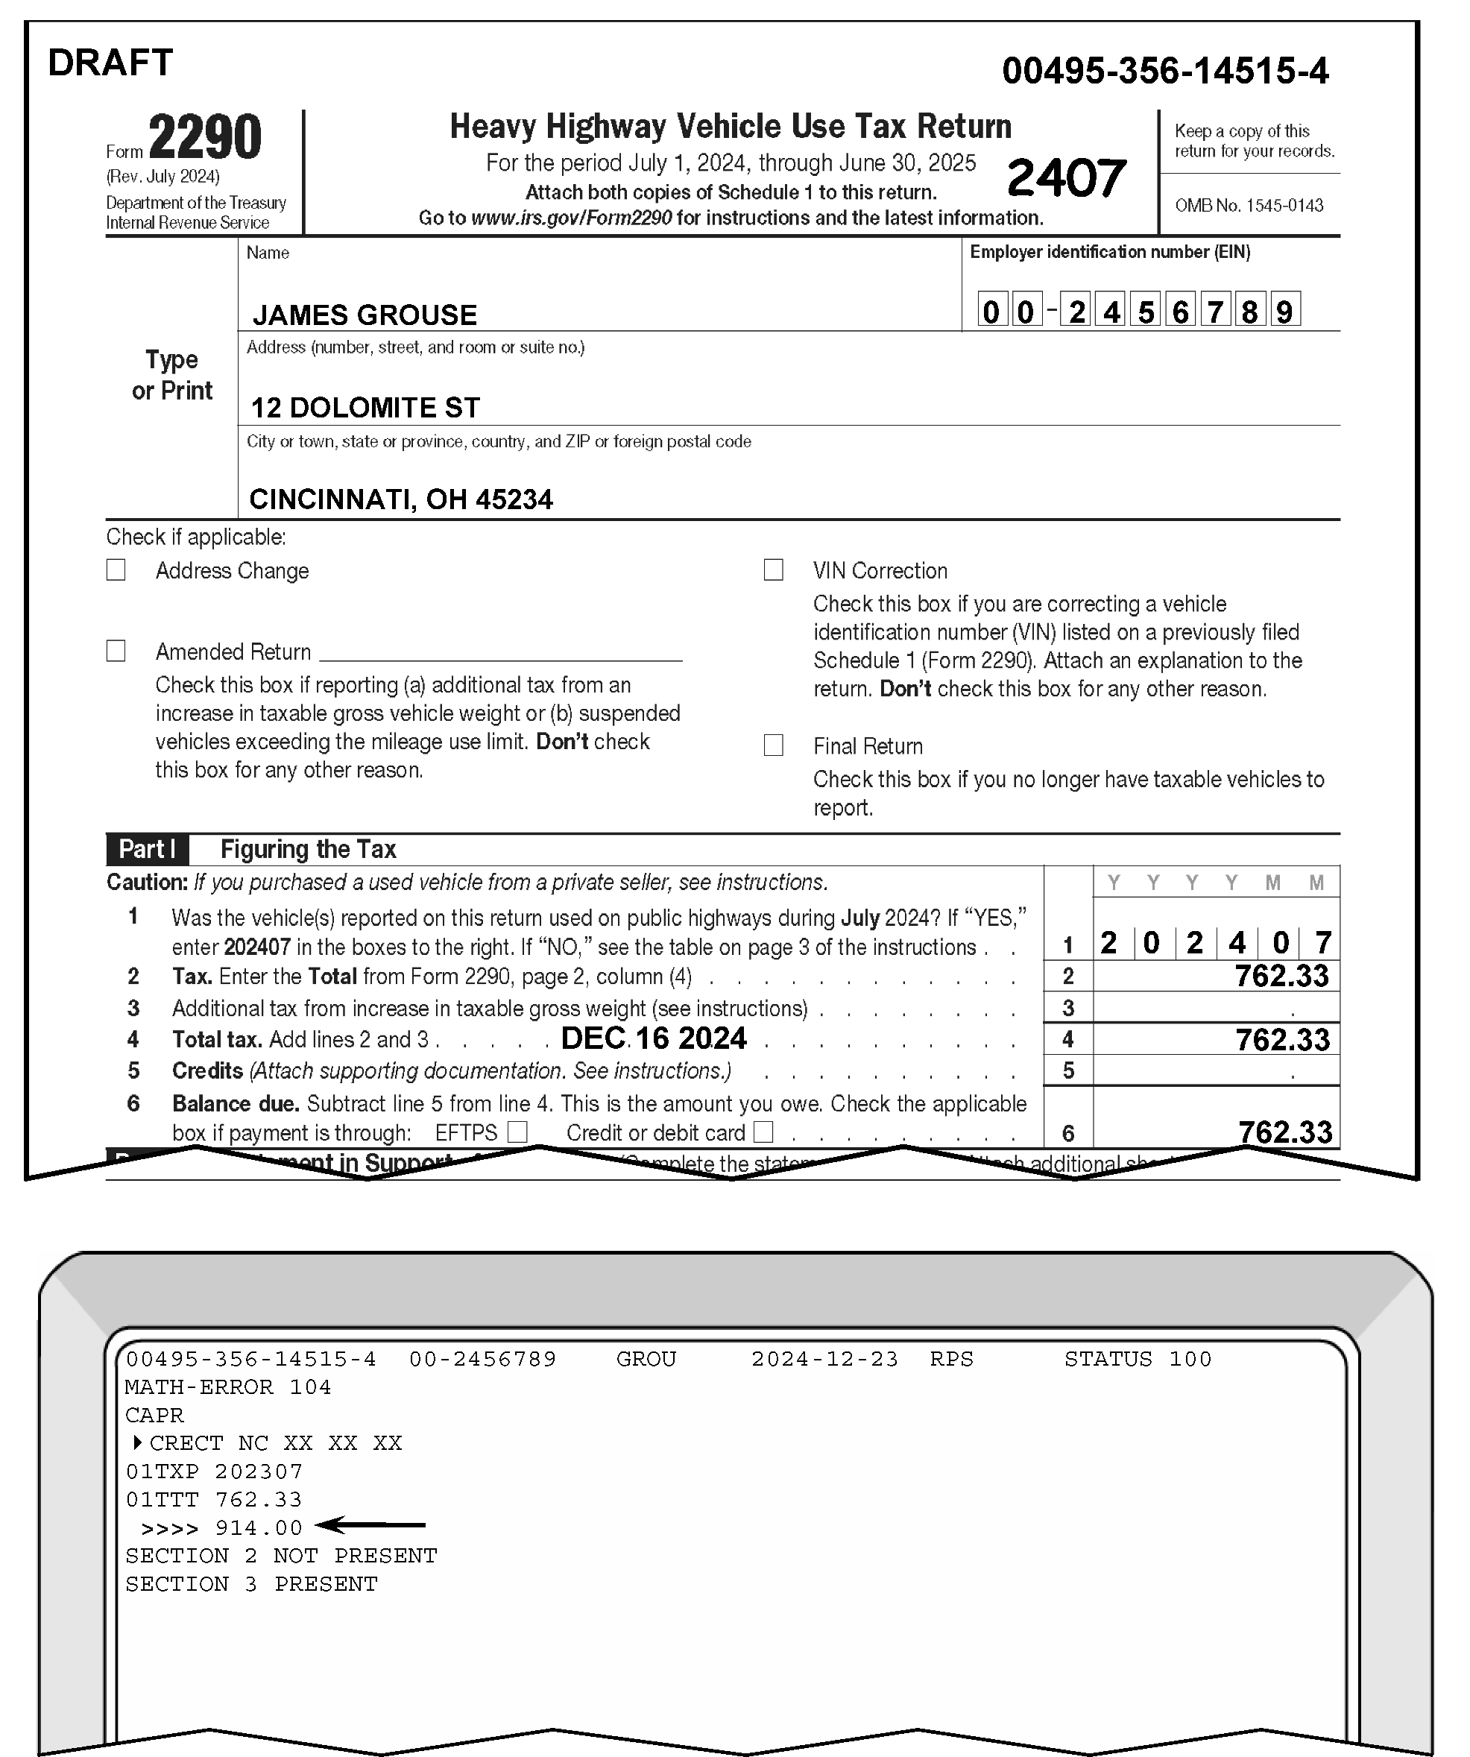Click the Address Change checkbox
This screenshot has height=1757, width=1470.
[x=116, y=570]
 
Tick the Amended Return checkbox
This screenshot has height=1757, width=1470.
[x=116, y=651]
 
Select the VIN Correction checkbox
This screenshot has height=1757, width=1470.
[x=774, y=570]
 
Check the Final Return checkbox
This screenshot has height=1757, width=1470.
[x=774, y=745]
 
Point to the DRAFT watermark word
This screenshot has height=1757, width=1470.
[x=110, y=63]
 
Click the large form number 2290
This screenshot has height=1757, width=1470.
[x=205, y=137]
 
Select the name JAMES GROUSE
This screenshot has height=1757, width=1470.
[x=365, y=315]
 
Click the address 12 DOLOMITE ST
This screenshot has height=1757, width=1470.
[x=365, y=409]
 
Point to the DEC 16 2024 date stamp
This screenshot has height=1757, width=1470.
[x=654, y=1038]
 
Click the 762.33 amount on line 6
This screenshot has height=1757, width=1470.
[x=1285, y=1132]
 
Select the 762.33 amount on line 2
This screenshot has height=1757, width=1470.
[x=1281, y=976]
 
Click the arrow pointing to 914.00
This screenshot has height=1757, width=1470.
[x=374, y=1525]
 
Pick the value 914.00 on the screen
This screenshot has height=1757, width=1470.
[x=259, y=1527]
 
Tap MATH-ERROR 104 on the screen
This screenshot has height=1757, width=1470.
[x=227, y=1387]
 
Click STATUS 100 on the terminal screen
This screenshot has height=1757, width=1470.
[x=1138, y=1359]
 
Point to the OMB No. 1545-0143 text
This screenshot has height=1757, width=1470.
[x=1249, y=206]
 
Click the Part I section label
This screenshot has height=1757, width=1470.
[x=148, y=849]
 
